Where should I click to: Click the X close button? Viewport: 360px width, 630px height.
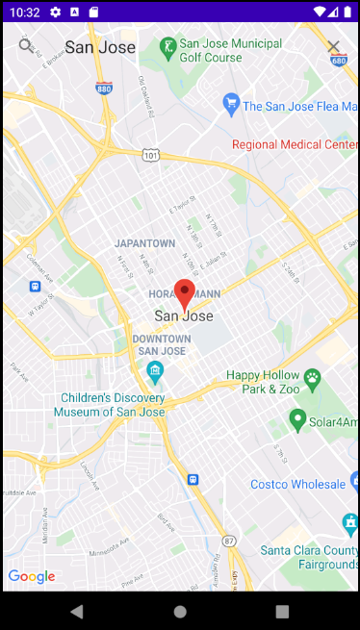334,47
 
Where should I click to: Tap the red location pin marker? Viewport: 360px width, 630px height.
185,292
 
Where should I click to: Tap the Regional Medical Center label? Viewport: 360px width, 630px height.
295,144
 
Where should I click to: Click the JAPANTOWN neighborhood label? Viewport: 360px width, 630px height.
144,243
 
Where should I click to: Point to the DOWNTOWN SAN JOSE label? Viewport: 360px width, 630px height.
161,345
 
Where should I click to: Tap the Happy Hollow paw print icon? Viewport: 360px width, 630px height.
312,377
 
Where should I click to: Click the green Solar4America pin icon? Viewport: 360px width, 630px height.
298,420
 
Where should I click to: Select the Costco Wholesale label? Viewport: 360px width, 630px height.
297,484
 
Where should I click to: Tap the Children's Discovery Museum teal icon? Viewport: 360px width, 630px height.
154,371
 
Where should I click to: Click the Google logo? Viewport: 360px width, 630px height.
31,576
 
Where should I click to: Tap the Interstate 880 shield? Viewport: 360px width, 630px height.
104,88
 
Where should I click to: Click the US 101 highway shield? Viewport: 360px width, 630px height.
150,154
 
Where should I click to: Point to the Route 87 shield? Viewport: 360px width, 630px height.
228,541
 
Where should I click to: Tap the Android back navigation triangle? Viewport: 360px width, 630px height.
77,611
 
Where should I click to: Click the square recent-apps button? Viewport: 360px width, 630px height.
282,611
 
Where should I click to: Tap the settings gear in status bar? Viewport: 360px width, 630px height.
55,12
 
